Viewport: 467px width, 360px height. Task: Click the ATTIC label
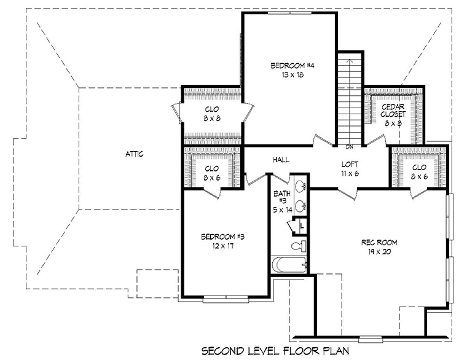coord(135,154)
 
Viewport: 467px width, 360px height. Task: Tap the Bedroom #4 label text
coord(288,66)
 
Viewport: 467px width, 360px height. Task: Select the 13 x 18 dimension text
coord(292,75)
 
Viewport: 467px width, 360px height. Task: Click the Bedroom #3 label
coord(223,237)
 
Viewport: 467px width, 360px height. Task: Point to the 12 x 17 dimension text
coord(223,246)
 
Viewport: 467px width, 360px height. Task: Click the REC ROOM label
coord(379,243)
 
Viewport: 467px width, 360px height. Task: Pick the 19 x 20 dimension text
coord(379,252)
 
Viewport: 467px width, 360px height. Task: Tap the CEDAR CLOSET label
coord(393,111)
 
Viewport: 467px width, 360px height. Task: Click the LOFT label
coord(350,165)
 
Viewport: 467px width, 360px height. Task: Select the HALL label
coord(281,160)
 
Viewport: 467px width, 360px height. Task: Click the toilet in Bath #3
coord(299,246)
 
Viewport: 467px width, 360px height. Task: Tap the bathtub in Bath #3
coord(289,265)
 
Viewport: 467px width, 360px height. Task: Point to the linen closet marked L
coord(302,226)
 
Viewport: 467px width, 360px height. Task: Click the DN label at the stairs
coord(350,147)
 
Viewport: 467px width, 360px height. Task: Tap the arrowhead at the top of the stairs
coord(350,61)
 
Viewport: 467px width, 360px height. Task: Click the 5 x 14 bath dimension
coord(283,210)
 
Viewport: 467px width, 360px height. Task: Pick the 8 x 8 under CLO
coord(212,118)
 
